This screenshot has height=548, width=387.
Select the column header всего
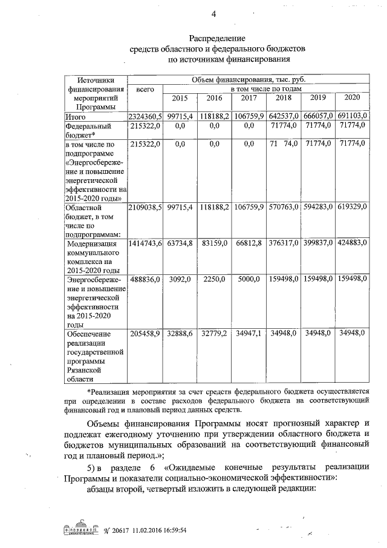pos(145,89)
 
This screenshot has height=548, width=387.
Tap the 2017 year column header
pos(249,99)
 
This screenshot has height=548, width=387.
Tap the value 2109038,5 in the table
pos(145,208)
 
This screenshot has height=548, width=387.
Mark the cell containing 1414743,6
pos(145,243)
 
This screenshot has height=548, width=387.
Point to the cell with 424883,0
pos(351,243)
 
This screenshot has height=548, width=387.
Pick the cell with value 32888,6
pos(180,333)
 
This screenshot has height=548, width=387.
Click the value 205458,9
pos(145,333)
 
